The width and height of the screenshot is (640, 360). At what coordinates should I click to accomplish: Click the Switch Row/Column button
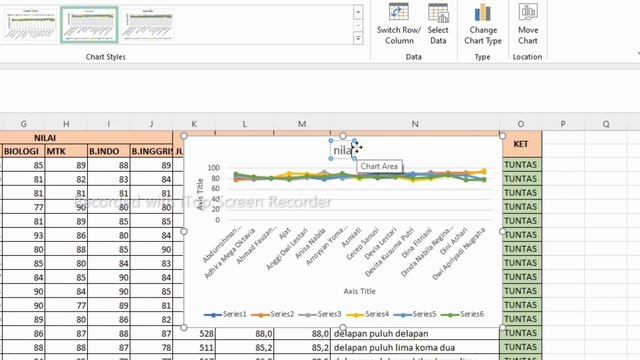(x=398, y=24)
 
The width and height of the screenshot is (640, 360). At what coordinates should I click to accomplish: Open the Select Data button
(x=438, y=24)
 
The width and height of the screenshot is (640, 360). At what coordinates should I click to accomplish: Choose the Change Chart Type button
(x=483, y=24)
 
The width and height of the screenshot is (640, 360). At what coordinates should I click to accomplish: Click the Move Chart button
(x=528, y=24)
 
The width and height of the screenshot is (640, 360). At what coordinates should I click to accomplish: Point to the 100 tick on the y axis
(x=213, y=169)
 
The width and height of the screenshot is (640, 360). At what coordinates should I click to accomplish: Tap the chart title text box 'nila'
(x=344, y=151)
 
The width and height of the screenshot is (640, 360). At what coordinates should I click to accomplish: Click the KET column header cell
(x=520, y=144)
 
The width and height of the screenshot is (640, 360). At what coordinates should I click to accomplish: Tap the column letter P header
(x=563, y=123)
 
